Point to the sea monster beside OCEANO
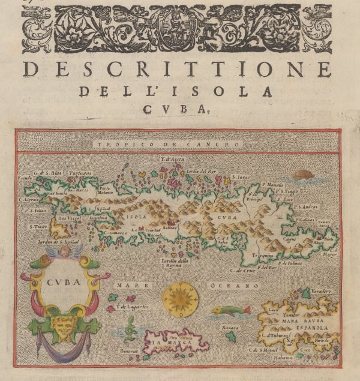tap(230, 311)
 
